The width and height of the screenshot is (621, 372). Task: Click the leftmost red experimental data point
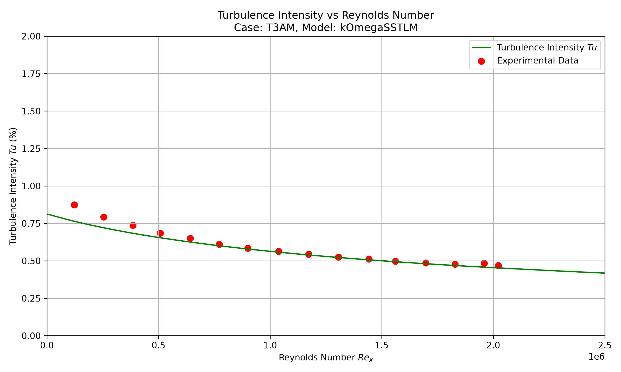(x=74, y=205)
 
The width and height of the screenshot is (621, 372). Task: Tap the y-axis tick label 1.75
(x=31, y=74)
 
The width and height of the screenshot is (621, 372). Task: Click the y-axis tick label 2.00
(x=31, y=37)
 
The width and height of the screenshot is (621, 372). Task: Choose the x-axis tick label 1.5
(x=382, y=345)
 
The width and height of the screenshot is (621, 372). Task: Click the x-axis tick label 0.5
(x=159, y=345)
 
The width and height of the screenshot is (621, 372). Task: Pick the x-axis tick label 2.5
(x=605, y=345)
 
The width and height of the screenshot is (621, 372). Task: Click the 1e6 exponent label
(x=597, y=357)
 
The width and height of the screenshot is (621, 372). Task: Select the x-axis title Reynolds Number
(x=317, y=358)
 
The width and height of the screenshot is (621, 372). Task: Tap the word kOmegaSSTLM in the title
(x=379, y=27)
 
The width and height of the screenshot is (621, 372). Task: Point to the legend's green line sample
(x=481, y=47)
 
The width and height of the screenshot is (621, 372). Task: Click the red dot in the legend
(x=481, y=61)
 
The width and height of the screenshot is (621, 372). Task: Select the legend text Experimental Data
(x=538, y=61)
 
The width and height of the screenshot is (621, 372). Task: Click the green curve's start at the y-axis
(x=47, y=214)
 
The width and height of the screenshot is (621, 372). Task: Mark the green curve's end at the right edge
(x=605, y=273)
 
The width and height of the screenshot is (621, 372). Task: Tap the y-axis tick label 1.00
(x=31, y=186)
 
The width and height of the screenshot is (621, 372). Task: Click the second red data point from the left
(x=104, y=217)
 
